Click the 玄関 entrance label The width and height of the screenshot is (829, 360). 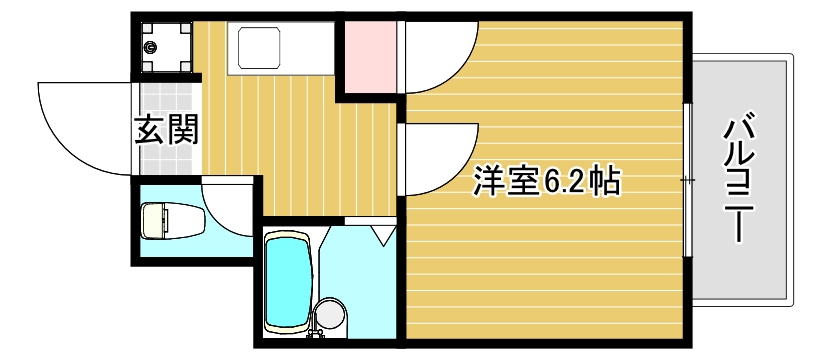pos(166,129)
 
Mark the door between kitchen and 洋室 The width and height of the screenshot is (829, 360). pos(440,155)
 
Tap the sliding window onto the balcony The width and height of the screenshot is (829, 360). pos(688,180)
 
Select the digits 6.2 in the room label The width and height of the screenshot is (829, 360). pos(566,181)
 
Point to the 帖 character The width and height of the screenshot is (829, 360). pos(605,181)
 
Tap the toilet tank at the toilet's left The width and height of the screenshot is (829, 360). pos(149,220)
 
